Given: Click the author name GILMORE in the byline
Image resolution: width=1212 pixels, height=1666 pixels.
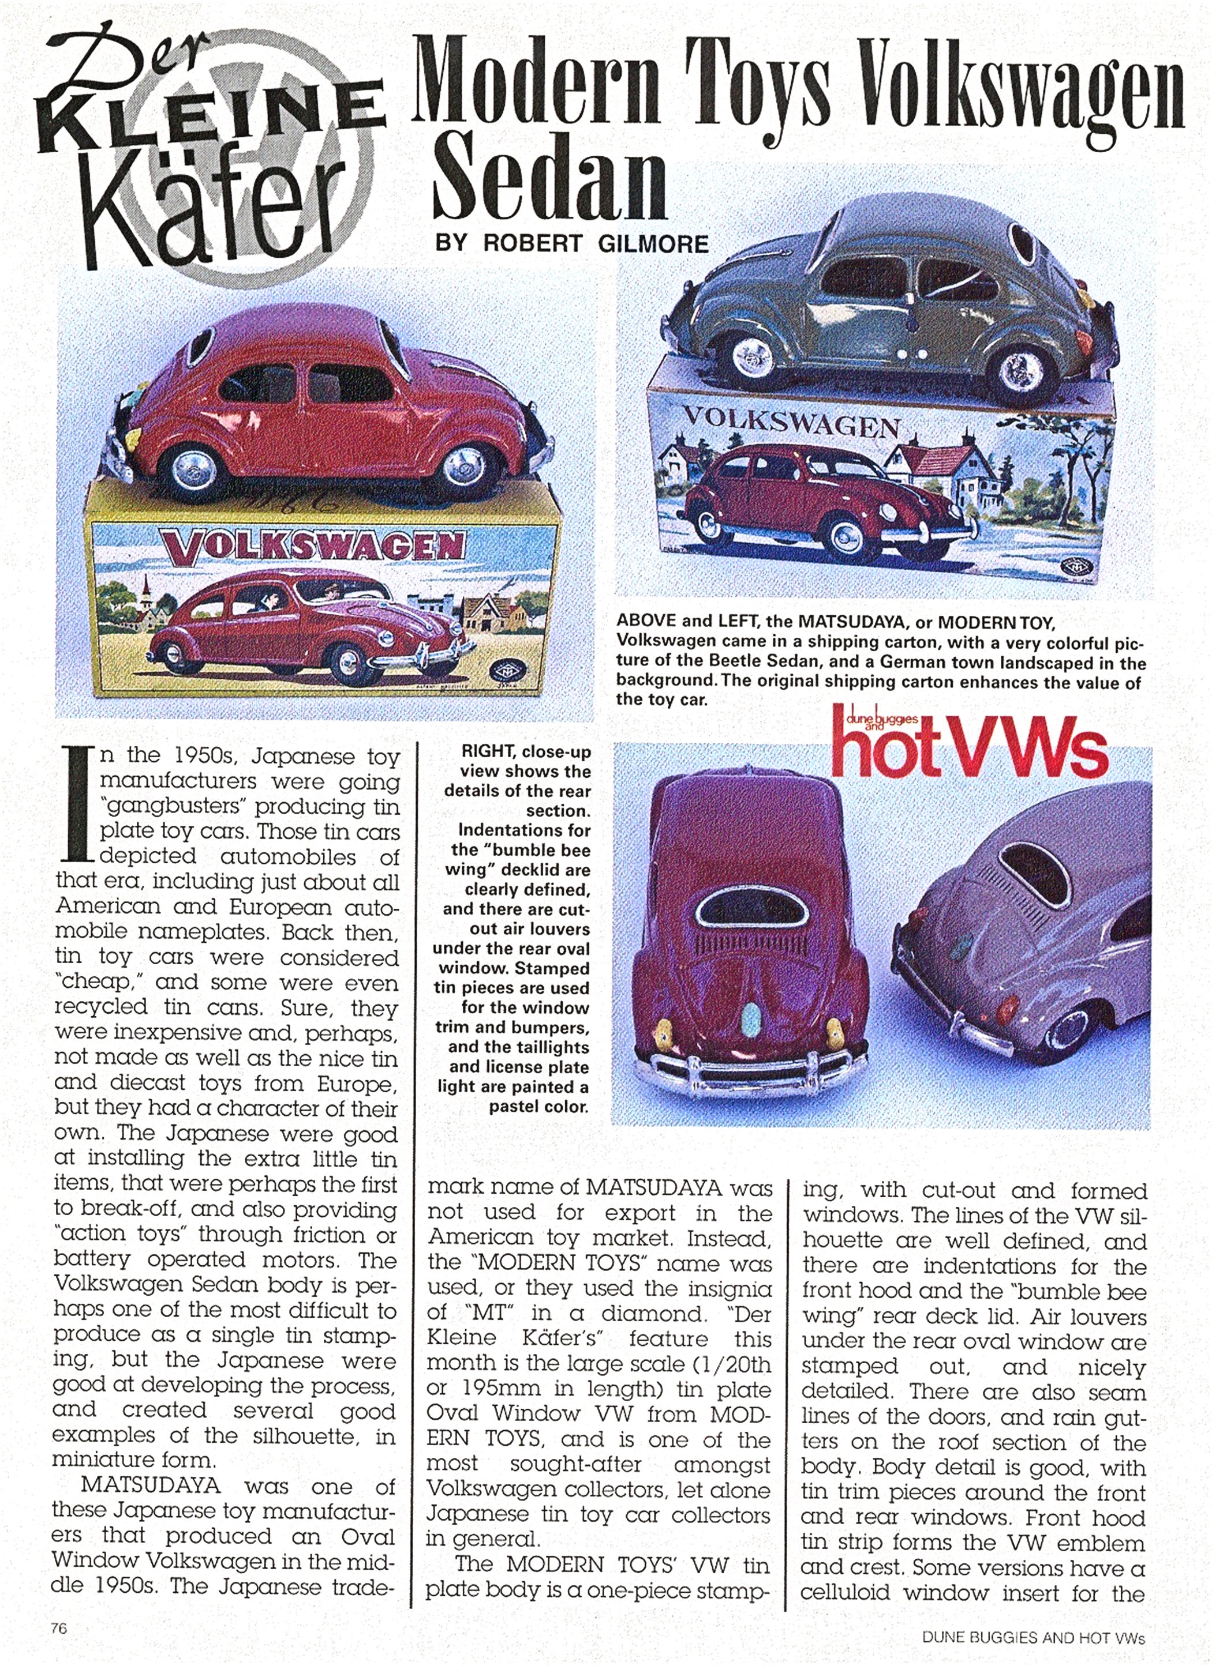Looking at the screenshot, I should click(653, 243).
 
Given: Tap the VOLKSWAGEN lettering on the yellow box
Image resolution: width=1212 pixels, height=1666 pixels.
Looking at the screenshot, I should click(312, 547).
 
